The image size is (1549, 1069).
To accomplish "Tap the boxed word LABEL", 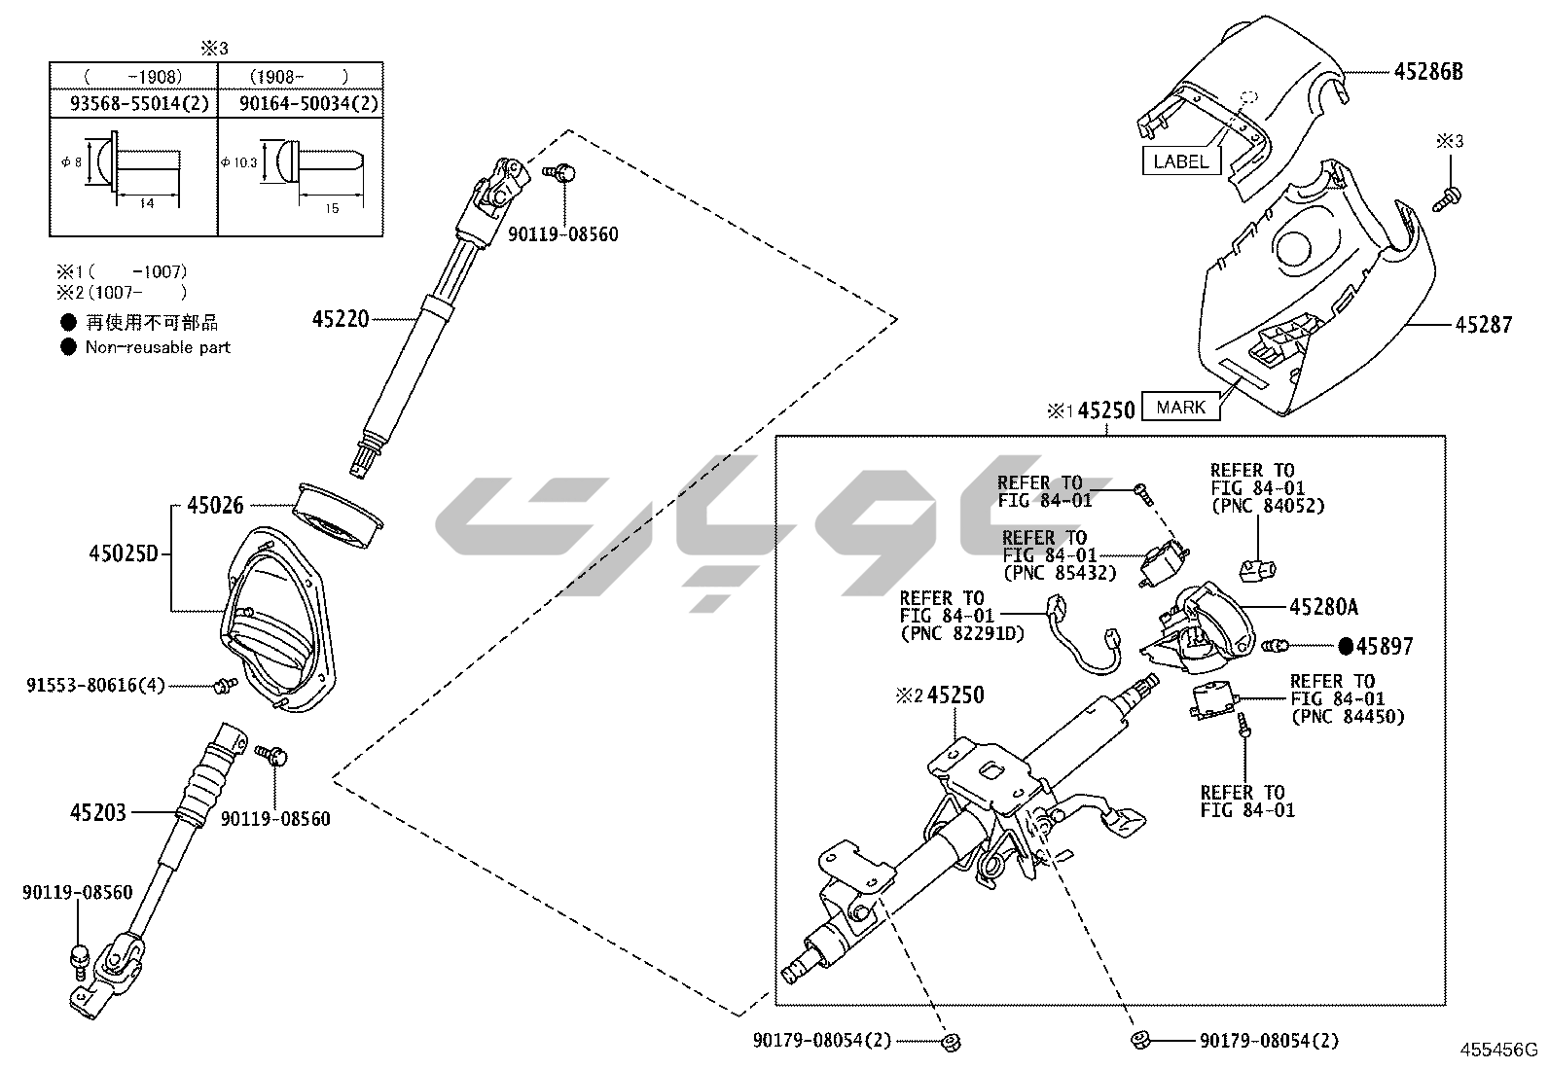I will [x=1180, y=161].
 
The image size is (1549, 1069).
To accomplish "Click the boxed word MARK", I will [x=1181, y=407].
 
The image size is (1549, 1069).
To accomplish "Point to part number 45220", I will [x=341, y=318].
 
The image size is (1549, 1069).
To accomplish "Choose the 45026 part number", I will [x=215, y=505].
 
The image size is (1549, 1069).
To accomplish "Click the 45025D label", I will [x=123, y=553].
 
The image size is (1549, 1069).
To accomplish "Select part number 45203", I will [x=97, y=811].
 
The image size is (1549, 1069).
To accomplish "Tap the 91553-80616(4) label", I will [x=96, y=686].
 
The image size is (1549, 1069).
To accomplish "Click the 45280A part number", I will [x=1322, y=607].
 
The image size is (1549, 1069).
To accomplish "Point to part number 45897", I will [x=1385, y=646].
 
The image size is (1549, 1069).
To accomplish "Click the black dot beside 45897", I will [x=1346, y=646].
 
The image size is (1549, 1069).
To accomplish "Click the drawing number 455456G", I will [x=1497, y=1050].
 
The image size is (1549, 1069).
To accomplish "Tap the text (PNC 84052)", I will [x=1267, y=506].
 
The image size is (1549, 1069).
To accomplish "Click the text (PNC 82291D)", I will [x=962, y=633].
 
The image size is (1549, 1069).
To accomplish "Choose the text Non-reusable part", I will [x=158, y=347].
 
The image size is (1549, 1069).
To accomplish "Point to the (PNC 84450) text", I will [x=1347, y=717].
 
